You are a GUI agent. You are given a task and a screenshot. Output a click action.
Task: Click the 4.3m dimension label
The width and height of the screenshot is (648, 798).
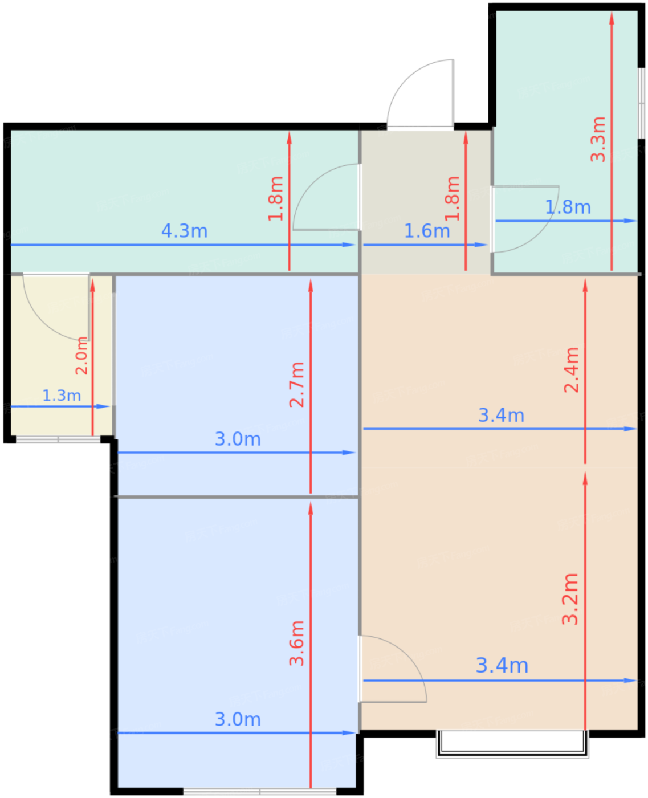184,231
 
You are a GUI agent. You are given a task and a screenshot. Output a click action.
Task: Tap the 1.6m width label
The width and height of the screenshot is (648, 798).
427,231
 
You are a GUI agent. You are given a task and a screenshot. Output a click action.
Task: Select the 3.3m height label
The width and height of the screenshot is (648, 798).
598,140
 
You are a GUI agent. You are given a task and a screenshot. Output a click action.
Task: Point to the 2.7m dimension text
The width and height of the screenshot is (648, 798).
297,385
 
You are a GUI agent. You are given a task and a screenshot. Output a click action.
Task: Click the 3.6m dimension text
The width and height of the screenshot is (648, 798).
297,644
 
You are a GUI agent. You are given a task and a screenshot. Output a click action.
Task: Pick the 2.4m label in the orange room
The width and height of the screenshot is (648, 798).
572,370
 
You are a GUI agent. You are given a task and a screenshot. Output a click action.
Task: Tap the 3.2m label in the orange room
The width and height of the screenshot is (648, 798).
570,599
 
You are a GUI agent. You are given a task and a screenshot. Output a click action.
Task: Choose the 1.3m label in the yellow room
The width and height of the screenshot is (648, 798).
62,395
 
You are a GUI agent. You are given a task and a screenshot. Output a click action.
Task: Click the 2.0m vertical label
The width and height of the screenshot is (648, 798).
82,356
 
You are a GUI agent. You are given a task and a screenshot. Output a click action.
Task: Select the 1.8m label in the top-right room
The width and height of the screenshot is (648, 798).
568,207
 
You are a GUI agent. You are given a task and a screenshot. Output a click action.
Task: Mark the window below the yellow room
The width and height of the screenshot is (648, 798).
58,439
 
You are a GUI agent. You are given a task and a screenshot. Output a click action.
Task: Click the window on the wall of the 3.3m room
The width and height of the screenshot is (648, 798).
641,103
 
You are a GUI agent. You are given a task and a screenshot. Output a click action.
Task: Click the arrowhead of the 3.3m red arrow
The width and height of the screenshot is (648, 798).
612,18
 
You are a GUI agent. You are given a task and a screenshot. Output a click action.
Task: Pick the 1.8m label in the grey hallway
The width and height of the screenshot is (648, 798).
452,198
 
